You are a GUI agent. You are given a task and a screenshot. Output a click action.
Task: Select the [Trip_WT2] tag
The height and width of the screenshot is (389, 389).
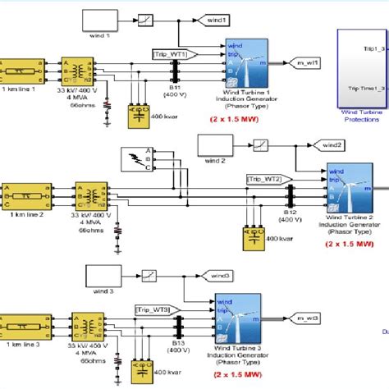(265, 178)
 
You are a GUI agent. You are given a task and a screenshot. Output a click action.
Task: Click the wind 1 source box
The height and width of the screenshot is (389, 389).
(102, 20)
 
